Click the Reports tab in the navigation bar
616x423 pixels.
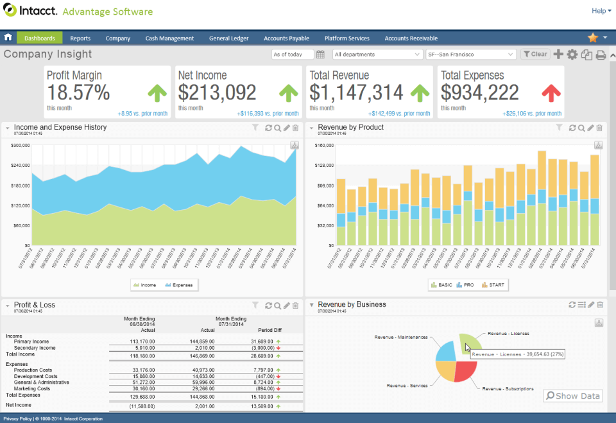pos(80,39)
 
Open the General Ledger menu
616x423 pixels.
pos(228,39)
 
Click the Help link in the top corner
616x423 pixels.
pos(598,11)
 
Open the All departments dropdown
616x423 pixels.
pos(377,55)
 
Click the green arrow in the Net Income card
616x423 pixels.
pos(289,93)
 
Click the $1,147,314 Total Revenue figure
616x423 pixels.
pos(356,93)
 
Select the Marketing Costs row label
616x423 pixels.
pos(32,389)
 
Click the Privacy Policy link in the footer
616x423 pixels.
pos(17,419)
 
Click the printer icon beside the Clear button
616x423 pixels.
pos(601,55)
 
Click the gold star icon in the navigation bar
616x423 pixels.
pos(593,38)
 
